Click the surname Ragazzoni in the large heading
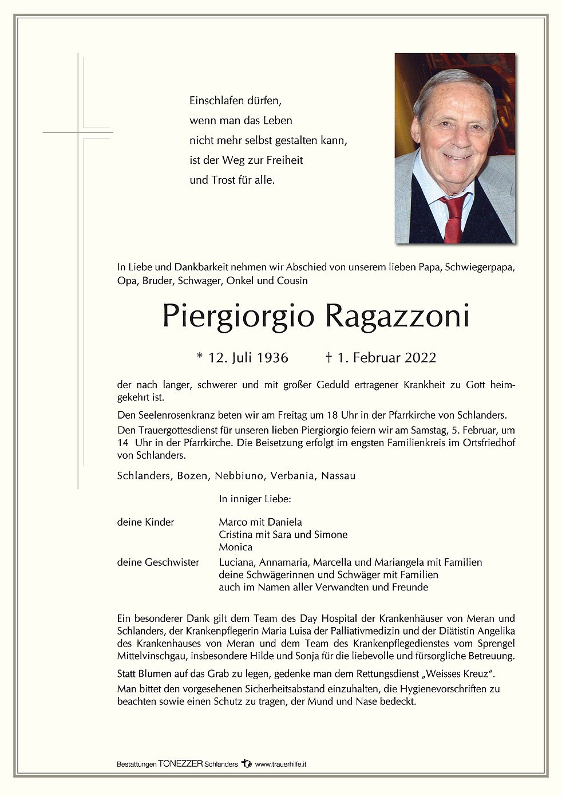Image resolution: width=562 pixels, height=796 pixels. [x=397, y=316]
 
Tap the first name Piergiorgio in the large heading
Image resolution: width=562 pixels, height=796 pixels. [x=238, y=317]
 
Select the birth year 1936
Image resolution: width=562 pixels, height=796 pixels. [x=272, y=358]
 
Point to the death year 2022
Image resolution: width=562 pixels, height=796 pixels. [x=421, y=358]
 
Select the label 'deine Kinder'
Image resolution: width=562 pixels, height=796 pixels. [x=145, y=522]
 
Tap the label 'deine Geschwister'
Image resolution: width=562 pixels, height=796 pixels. [x=158, y=562]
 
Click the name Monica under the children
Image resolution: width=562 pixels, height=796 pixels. [x=235, y=547]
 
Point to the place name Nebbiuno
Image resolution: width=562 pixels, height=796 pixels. [x=239, y=476]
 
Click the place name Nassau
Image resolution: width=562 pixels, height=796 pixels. [x=338, y=476]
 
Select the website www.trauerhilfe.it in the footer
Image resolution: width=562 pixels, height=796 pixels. [x=280, y=764]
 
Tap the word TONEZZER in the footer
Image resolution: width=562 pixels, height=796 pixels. [x=180, y=764]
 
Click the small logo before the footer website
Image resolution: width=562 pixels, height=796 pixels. [x=247, y=763]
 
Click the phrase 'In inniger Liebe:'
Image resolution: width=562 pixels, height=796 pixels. [x=255, y=499]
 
